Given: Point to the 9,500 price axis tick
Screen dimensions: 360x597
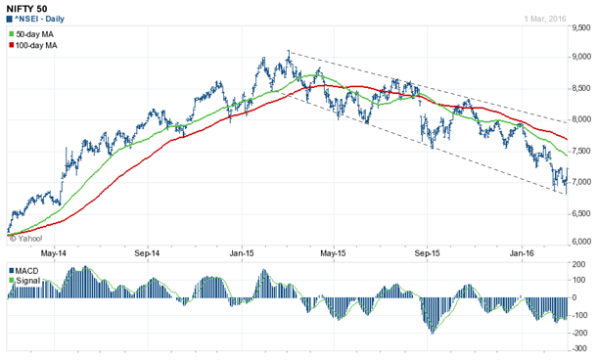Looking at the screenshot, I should (x=581, y=29).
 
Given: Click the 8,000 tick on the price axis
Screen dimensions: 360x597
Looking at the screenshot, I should (x=581, y=120).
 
